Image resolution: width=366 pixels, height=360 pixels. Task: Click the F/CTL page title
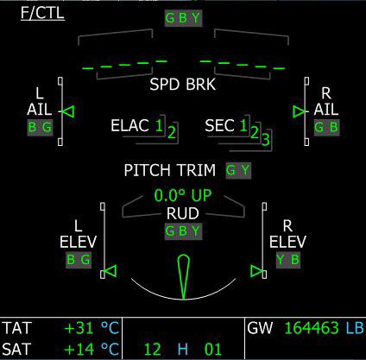click(42, 13)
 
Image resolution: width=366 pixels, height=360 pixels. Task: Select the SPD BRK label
click(183, 85)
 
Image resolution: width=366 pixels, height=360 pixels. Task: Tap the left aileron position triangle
click(68, 111)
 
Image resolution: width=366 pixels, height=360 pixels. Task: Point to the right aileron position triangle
click(299, 111)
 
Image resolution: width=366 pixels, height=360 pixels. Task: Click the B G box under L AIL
click(40, 128)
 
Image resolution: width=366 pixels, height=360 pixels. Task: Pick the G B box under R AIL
click(326, 127)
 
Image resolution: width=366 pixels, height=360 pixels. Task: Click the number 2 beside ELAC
click(172, 133)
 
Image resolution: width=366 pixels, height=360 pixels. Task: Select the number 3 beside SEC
click(266, 139)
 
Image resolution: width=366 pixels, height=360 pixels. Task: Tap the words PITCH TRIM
click(170, 170)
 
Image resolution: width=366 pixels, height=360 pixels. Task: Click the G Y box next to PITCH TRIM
click(238, 170)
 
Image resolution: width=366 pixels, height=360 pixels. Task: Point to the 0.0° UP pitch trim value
click(183, 195)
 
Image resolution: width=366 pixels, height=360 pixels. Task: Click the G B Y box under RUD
click(183, 231)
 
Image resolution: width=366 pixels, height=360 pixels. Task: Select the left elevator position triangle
click(110, 271)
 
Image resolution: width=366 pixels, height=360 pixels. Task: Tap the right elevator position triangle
click(256, 271)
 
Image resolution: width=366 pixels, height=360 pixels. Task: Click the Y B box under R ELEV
click(288, 260)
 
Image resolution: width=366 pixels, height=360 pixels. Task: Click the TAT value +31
click(79, 328)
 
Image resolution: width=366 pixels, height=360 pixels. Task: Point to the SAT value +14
click(79, 349)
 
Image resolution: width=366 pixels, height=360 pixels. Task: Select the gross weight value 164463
click(312, 328)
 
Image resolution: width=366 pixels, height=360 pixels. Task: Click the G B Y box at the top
click(183, 18)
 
